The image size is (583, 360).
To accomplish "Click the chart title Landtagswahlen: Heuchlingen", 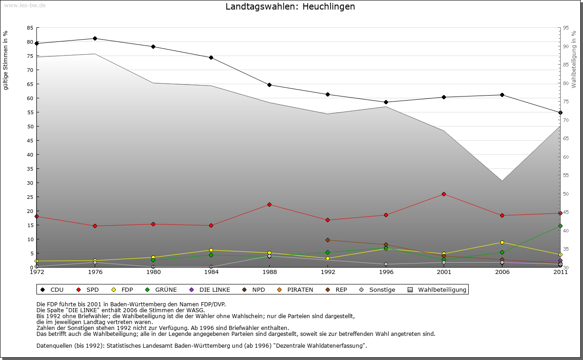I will [x=290, y=7].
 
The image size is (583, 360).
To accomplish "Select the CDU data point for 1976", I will [x=95, y=38].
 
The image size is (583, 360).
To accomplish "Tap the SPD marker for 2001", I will [x=444, y=194].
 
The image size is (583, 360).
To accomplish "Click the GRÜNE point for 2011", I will [x=560, y=226].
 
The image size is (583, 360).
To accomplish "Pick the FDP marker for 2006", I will [x=502, y=242].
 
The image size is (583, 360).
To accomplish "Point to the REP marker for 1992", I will [x=327, y=240].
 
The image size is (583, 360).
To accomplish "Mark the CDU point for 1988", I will [x=269, y=85].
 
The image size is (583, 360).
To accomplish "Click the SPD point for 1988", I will [x=269, y=204].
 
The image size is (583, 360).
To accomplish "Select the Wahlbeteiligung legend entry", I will [x=437, y=289].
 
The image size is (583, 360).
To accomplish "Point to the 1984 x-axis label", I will [x=211, y=273].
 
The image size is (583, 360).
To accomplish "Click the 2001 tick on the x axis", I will [x=444, y=273].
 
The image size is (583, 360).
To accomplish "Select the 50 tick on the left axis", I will [x=30, y=127].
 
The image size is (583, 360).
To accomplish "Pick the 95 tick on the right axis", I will [x=566, y=28].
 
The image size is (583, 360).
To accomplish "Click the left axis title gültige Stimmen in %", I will [x=6, y=60].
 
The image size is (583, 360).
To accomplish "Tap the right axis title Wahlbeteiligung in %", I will [x=574, y=59].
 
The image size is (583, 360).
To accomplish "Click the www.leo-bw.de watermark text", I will [x=25, y=5].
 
